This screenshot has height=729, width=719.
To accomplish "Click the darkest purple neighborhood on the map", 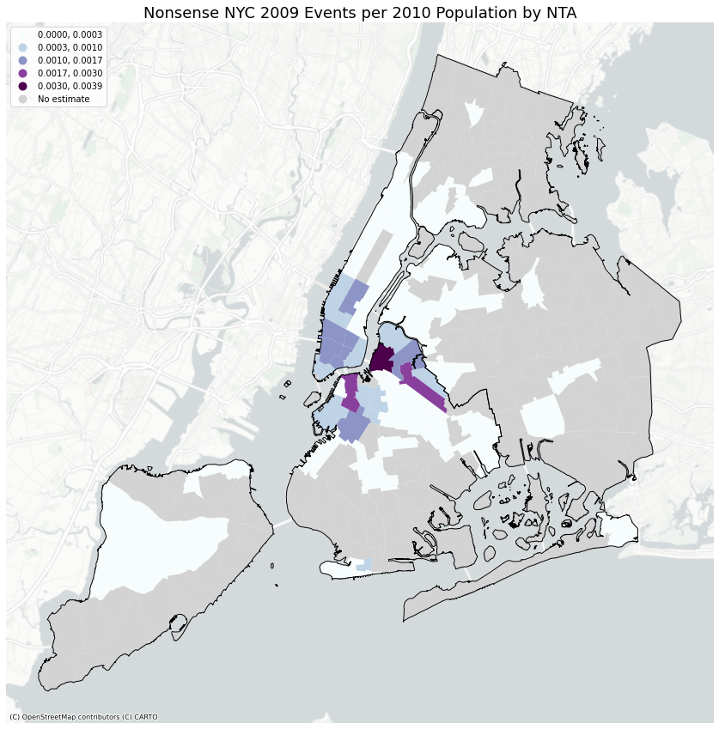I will tap(382, 358).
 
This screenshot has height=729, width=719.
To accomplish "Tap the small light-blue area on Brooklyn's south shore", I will tap(365, 564).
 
